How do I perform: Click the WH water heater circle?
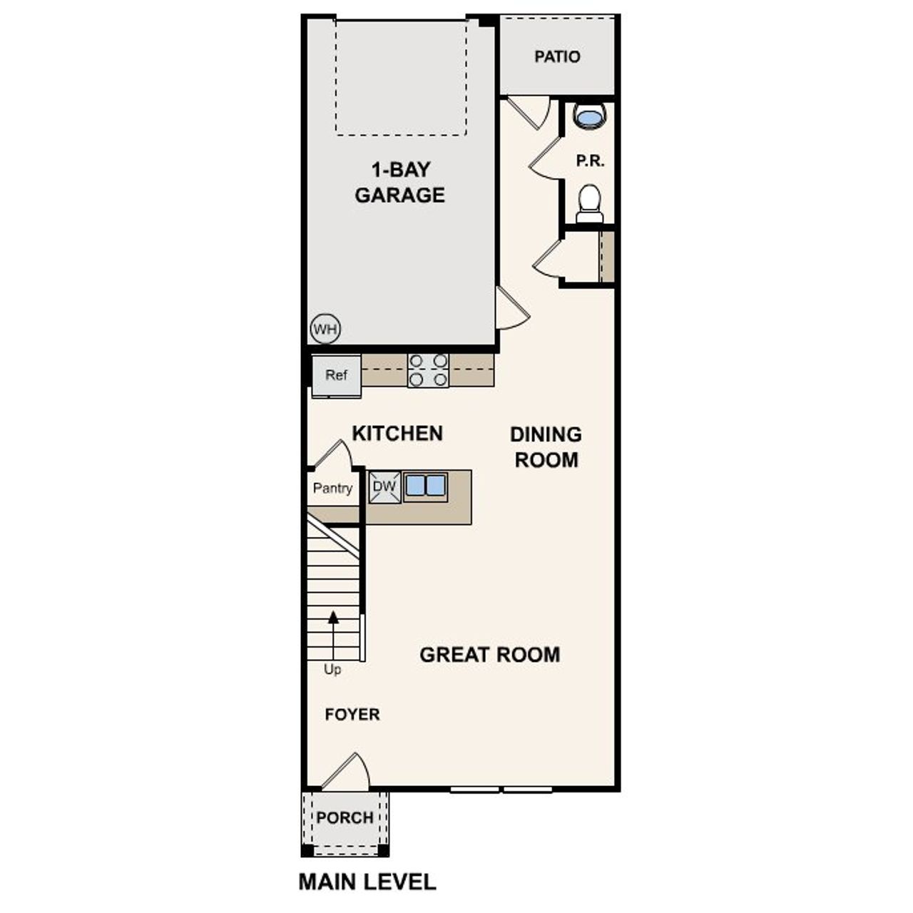pyautogui.click(x=325, y=329)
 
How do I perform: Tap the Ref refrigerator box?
pyautogui.click(x=336, y=375)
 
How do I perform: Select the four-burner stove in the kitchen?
pyautogui.click(x=428, y=370)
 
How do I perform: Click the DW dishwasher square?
pyautogui.click(x=384, y=487)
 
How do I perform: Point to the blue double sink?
pyautogui.click(x=425, y=486)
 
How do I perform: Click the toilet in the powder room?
pyautogui.click(x=589, y=203)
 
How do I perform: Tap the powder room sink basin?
pyautogui.click(x=589, y=116)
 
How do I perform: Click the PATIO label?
pyautogui.click(x=557, y=56)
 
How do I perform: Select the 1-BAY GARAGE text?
pyautogui.click(x=399, y=182)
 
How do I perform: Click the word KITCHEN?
pyautogui.click(x=397, y=433)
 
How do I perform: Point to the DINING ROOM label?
pyautogui.click(x=546, y=447)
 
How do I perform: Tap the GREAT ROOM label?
pyautogui.click(x=489, y=654)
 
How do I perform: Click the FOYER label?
pyautogui.click(x=352, y=714)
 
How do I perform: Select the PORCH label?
pyautogui.click(x=345, y=817)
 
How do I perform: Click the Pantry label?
pyautogui.click(x=332, y=489)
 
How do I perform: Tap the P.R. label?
pyautogui.click(x=590, y=161)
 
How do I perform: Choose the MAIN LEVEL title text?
pyautogui.click(x=367, y=882)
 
